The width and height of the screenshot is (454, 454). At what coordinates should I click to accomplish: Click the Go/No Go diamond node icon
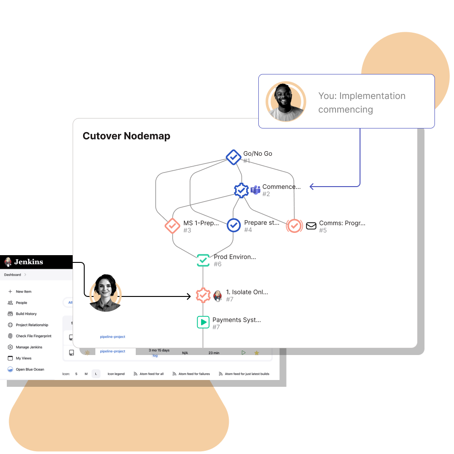pyautogui.click(x=233, y=157)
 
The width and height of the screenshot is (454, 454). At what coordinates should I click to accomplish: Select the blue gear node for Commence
pyautogui.click(x=241, y=190)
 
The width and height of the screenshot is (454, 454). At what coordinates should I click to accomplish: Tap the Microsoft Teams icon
pyautogui.click(x=255, y=190)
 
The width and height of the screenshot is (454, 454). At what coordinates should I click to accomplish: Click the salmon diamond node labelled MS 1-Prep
pyautogui.click(x=172, y=226)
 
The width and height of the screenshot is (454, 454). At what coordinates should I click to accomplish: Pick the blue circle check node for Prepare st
pyautogui.click(x=233, y=225)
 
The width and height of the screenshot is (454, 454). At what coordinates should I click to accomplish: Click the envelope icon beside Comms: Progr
pyautogui.click(x=311, y=226)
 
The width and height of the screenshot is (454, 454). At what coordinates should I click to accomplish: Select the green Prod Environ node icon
pyautogui.click(x=203, y=260)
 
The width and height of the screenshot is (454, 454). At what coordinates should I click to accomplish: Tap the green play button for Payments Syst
pyautogui.click(x=203, y=322)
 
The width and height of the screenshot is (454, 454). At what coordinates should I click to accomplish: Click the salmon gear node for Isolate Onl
pyautogui.click(x=203, y=295)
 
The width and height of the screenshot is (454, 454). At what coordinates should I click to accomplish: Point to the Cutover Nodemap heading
pyautogui.click(x=126, y=136)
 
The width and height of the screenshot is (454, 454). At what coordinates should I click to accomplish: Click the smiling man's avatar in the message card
pyautogui.click(x=286, y=102)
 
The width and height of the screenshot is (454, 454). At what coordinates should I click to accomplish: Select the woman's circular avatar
pyautogui.click(x=105, y=293)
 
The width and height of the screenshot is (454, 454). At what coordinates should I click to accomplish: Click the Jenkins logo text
pyautogui.click(x=28, y=262)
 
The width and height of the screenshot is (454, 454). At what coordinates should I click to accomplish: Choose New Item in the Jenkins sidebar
pyautogui.click(x=24, y=291)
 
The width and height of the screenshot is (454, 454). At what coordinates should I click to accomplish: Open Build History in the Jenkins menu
pyautogui.click(x=26, y=314)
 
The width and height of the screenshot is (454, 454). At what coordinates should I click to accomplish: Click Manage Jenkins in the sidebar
pyautogui.click(x=29, y=347)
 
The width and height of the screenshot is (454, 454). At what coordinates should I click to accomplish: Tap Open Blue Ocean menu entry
pyautogui.click(x=30, y=370)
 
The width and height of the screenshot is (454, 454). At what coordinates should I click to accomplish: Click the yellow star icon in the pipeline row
pyautogui.click(x=257, y=353)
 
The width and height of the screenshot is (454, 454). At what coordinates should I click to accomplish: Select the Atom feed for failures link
pyautogui.click(x=194, y=374)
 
